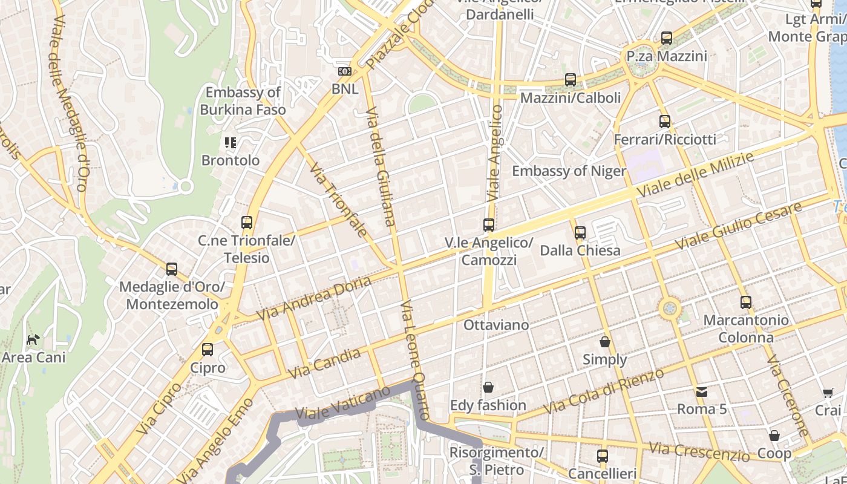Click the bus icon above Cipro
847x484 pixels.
pyautogui.click(x=207, y=350)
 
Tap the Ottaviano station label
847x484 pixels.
pyautogui.click(x=495, y=325)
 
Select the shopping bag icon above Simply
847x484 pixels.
pyautogui.click(x=604, y=342)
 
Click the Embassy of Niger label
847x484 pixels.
pyautogui.click(x=569, y=171)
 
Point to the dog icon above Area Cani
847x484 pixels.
pyautogui.click(x=33, y=339)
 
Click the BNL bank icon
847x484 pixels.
pyautogui.click(x=344, y=71)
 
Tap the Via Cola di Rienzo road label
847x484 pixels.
pyautogui.click(x=603, y=391)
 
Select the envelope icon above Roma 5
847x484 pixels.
pyautogui.click(x=701, y=391)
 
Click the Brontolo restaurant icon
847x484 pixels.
pyautogui.click(x=230, y=143)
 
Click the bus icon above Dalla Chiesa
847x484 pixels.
pyautogui.click(x=580, y=232)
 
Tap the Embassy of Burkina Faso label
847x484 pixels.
pyautogui.click(x=243, y=101)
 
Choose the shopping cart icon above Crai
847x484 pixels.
pyautogui.click(x=828, y=393)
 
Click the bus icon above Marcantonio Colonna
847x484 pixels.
pyautogui.click(x=745, y=302)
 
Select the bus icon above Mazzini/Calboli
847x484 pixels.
pyautogui.click(x=570, y=80)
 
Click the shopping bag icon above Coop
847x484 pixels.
pyautogui.click(x=774, y=436)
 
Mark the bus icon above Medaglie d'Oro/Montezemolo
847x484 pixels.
pyautogui.click(x=172, y=269)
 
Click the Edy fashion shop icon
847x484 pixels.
pyautogui.click(x=488, y=387)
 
